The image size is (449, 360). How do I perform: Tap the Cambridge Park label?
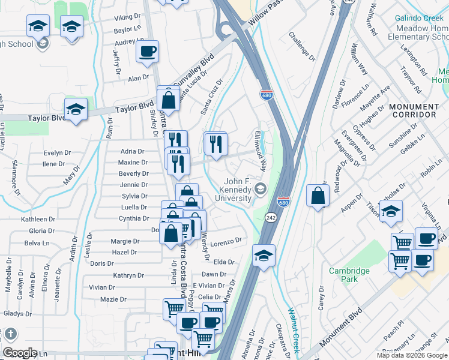click(349, 275)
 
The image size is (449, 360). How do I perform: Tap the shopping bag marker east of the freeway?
click(318, 196)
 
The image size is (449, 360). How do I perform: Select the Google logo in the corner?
click(20, 353)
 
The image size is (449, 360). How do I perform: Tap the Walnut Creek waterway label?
click(293, 331)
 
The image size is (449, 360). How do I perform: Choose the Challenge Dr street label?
click(302, 47)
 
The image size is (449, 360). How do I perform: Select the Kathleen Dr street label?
click(38, 220)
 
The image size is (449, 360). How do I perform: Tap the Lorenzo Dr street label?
click(226, 241)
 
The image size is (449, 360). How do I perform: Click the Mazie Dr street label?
click(113, 299)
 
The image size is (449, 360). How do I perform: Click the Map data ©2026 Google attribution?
click(412, 355)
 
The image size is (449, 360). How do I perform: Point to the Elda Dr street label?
click(224, 262)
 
